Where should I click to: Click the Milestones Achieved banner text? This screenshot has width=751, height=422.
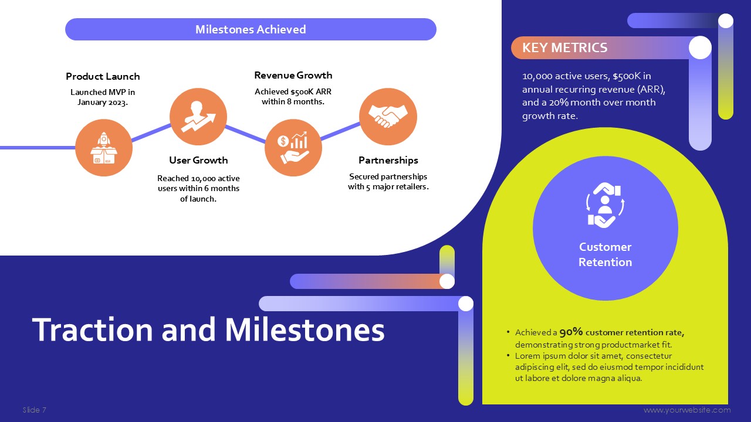click(x=251, y=29)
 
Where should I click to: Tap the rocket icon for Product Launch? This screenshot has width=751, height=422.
click(x=104, y=148)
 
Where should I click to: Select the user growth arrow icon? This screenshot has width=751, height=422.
click(x=198, y=117)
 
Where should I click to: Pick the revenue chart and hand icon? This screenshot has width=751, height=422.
click(x=293, y=147)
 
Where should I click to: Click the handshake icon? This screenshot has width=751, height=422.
click(x=388, y=116)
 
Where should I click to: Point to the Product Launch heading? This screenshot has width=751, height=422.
click(x=103, y=76)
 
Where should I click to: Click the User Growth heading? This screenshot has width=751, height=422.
click(x=198, y=160)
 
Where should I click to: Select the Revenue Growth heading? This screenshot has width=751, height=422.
click(x=293, y=75)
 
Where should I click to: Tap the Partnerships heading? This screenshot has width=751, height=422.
click(x=388, y=160)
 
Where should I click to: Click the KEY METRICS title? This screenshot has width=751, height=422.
click(x=564, y=47)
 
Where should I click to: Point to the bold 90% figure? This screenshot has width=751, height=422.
click(x=571, y=332)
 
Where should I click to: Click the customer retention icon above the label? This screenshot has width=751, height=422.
click(x=605, y=205)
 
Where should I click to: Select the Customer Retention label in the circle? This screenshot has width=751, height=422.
click(x=605, y=254)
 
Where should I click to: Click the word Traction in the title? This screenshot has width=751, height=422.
click(x=93, y=329)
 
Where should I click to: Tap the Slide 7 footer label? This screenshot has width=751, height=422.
click(x=34, y=410)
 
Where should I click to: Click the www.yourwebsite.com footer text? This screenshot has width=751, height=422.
click(x=687, y=410)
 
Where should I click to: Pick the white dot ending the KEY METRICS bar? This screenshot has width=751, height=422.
click(x=700, y=47)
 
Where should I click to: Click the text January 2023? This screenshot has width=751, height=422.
click(x=103, y=102)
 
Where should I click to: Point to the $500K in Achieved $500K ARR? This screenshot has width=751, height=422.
click(x=301, y=91)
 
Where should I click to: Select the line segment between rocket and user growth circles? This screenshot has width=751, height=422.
click(x=151, y=132)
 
